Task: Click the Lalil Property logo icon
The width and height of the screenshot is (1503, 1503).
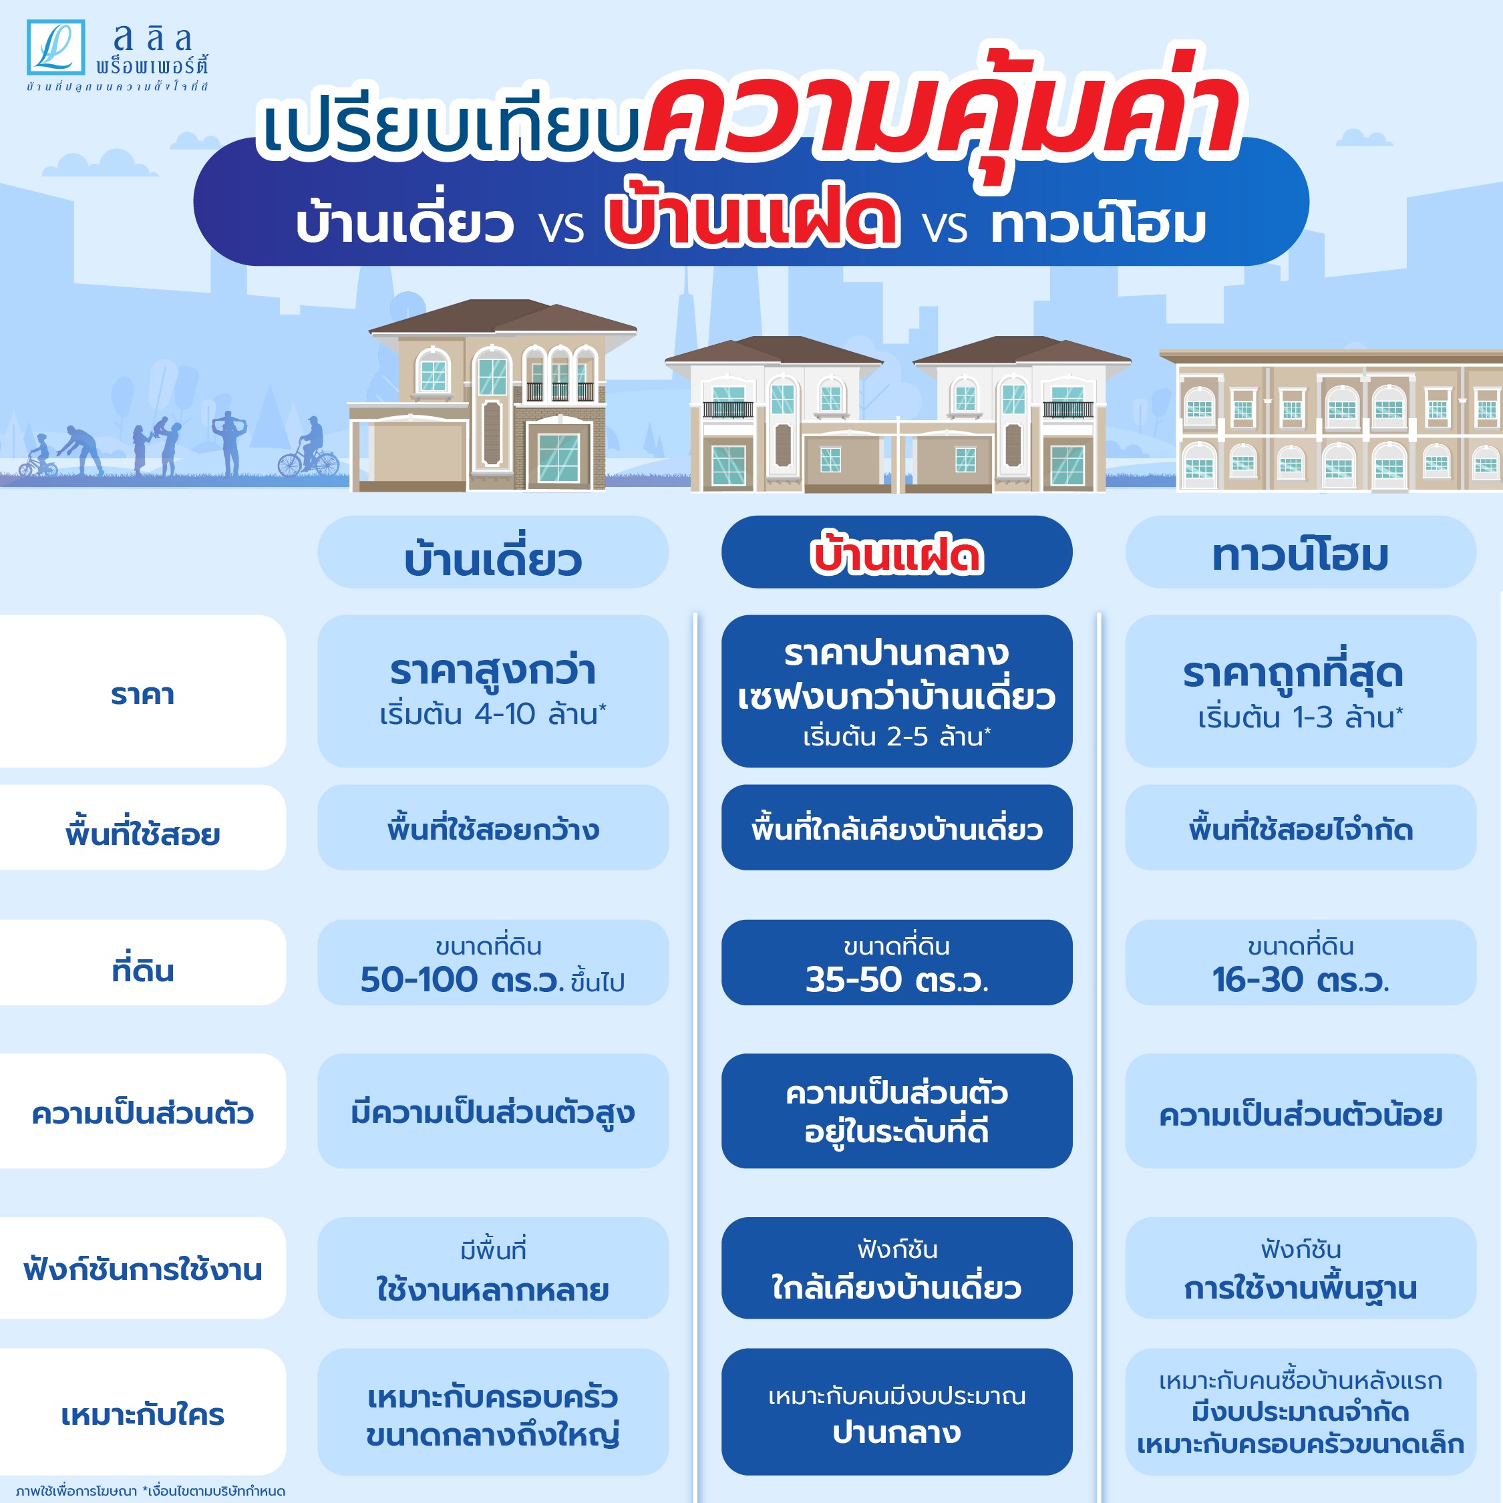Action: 55,47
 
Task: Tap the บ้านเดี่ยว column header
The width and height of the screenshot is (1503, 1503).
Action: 492,552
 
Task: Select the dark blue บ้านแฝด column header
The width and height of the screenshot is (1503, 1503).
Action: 896,552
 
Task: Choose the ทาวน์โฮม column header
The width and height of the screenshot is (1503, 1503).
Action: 1300,552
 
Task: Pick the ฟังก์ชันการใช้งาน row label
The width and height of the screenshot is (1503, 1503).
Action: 142,1268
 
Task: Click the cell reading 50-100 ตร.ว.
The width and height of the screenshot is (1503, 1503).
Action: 492,963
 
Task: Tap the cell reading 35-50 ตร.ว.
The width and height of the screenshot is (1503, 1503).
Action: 896,963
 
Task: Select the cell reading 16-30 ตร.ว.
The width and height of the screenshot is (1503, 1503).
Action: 1300,963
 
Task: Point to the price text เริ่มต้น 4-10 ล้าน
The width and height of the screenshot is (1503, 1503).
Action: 493,713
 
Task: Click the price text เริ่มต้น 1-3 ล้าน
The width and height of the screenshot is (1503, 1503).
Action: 1301,717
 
